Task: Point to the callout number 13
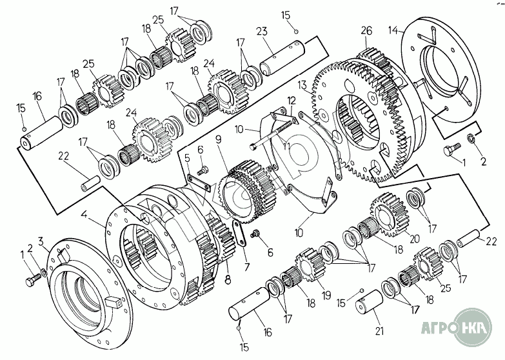[302, 85]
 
